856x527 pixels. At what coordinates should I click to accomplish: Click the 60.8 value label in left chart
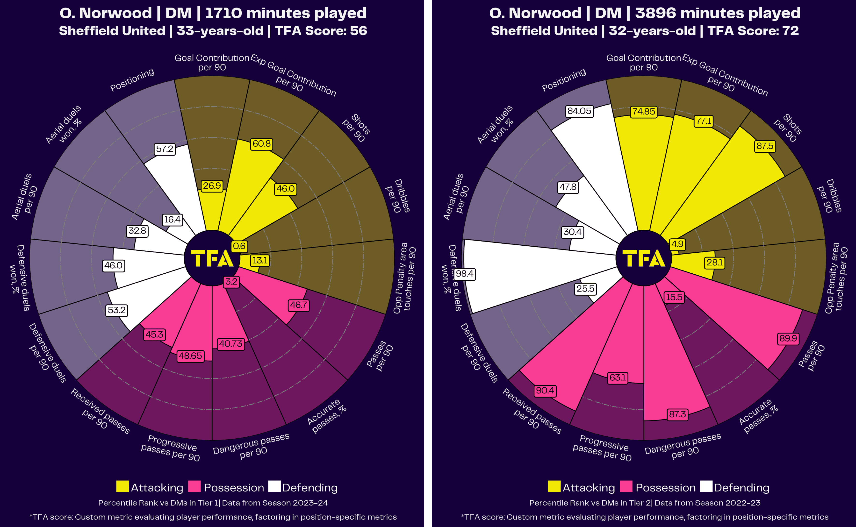(261, 144)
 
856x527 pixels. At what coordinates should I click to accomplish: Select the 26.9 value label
(212, 185)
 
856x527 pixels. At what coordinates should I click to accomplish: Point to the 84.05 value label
(579, 111)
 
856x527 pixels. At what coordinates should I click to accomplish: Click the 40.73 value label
(230, 344)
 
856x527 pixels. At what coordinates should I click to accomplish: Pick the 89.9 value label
(788, 338)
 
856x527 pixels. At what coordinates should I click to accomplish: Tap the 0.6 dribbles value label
(239, 246)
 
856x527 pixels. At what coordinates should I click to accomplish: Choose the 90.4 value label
(545, 390)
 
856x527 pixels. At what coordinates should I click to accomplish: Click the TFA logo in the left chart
(212, 258)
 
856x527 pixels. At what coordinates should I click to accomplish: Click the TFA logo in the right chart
(644, 258)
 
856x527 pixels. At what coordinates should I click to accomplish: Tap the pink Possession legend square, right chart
(626, 487)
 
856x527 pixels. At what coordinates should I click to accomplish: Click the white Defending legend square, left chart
(274, 487)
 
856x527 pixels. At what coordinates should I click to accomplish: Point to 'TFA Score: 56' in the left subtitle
(321, 31)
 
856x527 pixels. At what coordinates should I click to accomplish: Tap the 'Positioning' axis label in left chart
(132, 80)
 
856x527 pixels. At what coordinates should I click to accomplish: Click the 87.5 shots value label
(765, 146)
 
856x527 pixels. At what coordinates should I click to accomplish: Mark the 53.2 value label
(116, 310)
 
